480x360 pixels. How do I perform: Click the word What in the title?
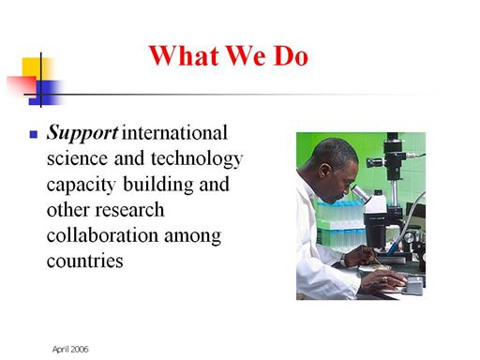[184, 55]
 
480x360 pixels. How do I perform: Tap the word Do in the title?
[292, 56]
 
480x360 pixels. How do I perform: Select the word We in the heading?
[247, 56]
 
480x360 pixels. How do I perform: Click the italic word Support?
[82, 133]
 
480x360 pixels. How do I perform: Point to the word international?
[174, 132]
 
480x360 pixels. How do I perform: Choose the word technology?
[197, 159]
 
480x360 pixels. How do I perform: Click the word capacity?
[82, 185]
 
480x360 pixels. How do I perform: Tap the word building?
[158, 185]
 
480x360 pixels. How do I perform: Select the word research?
[129, 210]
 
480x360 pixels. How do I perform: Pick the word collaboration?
[102, 235]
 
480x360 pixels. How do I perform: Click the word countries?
[85, 261]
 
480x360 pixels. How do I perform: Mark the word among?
[193, 237]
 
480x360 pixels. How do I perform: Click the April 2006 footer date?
[70, 350]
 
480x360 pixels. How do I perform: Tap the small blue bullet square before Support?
[34, 135]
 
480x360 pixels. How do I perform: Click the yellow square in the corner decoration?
[37, 69]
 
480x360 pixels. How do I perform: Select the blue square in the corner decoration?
[46, 92]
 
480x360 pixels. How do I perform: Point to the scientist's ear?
[325, 172]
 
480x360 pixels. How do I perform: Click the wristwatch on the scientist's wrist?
[343, 260]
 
